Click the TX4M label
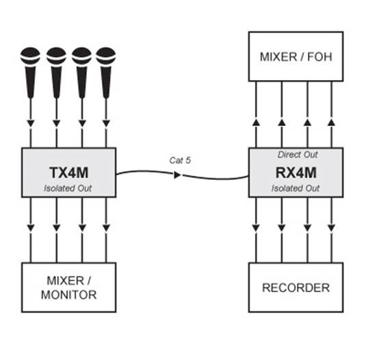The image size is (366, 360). click(x=69, y=172)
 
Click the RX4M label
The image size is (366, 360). click(x=296, y=172)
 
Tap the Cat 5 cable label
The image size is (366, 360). click(x=180, y=160)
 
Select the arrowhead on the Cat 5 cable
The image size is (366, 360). click(x=178, y=175)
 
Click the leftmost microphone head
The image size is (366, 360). click(x=30, y=56)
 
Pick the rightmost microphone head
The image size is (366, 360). click(x=106, y=56)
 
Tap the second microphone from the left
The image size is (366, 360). click(x=56, y=73)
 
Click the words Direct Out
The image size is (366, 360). click(x=298, y=155)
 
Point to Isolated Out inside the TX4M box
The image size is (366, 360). click(x=68, y=188)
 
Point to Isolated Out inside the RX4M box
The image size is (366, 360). click(x=296, y=188)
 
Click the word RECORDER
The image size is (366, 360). click(x=296, y=287)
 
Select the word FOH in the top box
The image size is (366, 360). click(x=319, y=57)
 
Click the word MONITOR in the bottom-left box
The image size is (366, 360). click(x=69, y=295)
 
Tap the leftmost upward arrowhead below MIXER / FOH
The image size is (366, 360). click(x=256, y=123)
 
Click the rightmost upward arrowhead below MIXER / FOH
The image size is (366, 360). click(x=332, y=123)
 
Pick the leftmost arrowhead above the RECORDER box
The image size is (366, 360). click(x=256, y=228)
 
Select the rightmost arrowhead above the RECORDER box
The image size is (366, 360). click(x=332, y=228)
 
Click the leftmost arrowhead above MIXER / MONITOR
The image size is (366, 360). click(x=31, y=228)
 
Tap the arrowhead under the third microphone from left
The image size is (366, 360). click(x=82, y=123)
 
